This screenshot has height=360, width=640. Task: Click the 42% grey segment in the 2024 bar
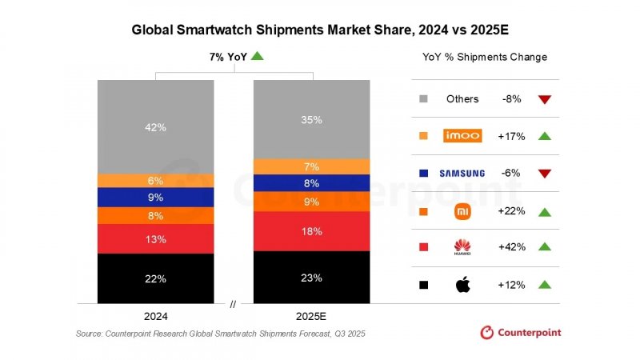156,126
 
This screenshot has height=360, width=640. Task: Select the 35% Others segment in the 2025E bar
311,120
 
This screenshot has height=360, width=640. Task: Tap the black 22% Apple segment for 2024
156,278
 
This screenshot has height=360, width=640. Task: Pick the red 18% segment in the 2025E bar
311,231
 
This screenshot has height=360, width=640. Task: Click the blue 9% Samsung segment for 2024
156,197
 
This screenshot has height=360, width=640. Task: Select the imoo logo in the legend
462,136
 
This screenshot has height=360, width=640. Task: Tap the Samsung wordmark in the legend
462,174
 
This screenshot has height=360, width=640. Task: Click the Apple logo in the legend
462,285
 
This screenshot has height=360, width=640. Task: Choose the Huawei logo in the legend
462,248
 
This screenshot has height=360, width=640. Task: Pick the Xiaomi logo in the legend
462,211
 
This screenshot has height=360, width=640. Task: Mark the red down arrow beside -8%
545,99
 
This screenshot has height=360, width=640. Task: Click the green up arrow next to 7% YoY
257,56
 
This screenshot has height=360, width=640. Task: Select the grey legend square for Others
423,99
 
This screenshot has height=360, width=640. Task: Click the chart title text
320,30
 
